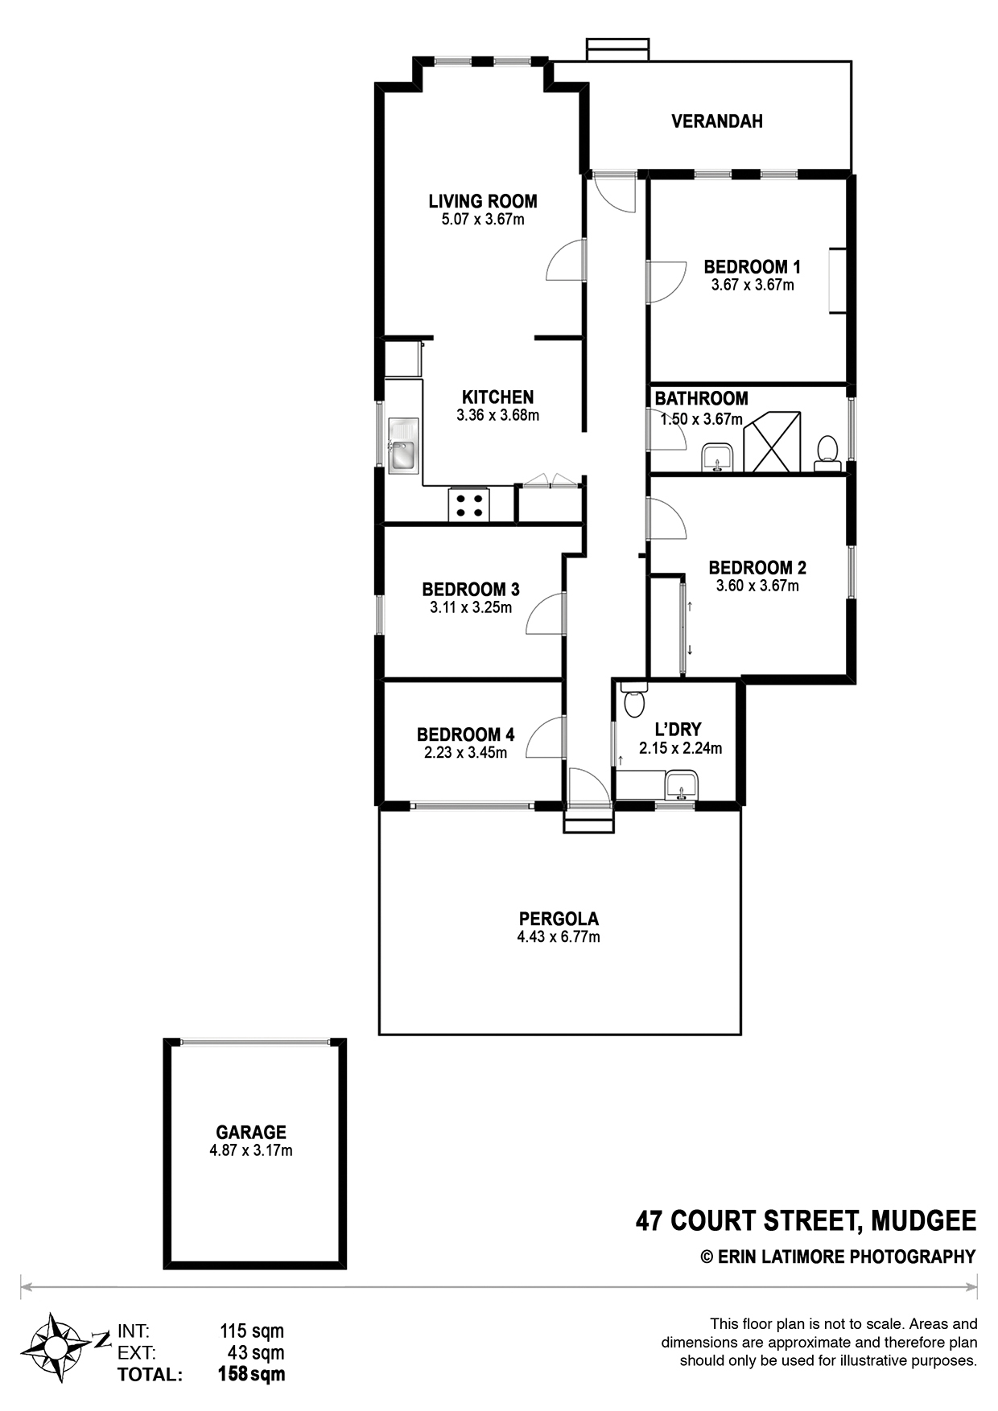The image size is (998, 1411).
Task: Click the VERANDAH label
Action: click(717, 121)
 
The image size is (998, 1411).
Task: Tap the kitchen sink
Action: click(402, 445)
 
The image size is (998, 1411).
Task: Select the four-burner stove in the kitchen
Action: click(468, 504)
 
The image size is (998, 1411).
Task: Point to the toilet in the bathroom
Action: click(827, 453)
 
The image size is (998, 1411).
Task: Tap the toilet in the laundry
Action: click(635, 699)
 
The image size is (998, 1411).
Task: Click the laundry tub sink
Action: click(681, 784)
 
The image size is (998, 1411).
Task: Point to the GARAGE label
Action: click(251, 1133)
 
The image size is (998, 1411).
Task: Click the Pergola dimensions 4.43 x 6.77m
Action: click(559, 937)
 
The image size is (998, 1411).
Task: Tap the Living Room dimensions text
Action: click(483, 220)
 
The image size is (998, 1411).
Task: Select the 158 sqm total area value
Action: click(252, 1374)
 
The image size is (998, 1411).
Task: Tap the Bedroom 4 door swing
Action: click(546, 737)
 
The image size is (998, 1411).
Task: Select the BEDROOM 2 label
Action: click(757, 568)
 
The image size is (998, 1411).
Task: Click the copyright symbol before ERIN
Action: click(707, 1257)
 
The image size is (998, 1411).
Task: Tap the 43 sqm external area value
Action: click(252, 1353)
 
